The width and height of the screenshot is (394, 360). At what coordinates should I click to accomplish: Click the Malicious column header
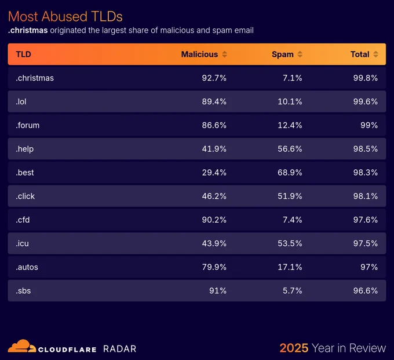point(199,54)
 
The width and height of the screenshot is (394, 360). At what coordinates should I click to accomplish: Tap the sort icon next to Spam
point(300,54)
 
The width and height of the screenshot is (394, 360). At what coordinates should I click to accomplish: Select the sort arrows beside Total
point(375,54)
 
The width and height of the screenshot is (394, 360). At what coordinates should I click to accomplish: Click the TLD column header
point(23,54)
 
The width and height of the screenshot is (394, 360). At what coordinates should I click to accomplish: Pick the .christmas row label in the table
point(35,78)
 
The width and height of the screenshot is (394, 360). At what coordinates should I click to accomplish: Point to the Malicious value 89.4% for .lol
point(214,101)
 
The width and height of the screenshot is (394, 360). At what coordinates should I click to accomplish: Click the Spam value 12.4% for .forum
point(290,125)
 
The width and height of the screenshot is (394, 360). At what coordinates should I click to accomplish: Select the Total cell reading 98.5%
point(366,149)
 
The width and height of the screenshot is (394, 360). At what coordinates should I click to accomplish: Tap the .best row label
point(24,172)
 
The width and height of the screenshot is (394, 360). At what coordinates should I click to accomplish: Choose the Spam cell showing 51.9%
point(290,196)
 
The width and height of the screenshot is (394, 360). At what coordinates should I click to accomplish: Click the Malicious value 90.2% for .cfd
point(214,220)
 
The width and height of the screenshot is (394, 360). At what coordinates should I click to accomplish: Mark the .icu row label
point(22,243)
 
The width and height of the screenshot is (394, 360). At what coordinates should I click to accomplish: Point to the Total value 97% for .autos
point(369,267)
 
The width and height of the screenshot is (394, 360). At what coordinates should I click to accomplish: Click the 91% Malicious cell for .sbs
point(218,290)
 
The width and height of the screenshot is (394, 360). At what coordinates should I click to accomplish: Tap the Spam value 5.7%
point(292,290)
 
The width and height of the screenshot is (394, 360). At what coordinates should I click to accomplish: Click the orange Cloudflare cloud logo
point(22,346)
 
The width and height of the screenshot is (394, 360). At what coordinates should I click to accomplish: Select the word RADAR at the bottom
point(119,349)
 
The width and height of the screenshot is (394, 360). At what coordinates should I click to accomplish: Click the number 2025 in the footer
point(294,348)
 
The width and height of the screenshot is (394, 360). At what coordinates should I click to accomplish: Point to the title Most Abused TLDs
point(65,17)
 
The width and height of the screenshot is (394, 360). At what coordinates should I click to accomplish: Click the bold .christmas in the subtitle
point(28,30)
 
